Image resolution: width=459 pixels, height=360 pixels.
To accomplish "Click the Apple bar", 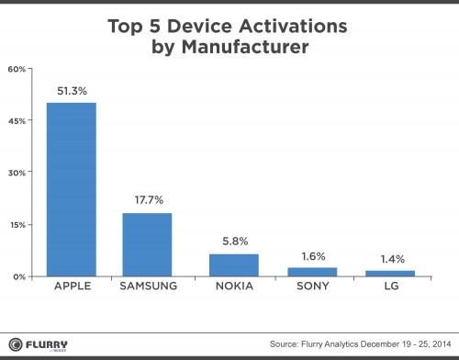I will pos(71,188).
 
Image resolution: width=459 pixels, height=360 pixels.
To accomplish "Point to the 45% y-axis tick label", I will pos(17,120).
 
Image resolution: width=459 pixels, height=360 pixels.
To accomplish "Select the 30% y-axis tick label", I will pos(17,173).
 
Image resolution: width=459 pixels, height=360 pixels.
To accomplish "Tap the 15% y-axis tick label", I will pos(17,224).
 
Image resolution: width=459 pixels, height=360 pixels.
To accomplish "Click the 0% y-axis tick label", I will pos(19,276).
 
